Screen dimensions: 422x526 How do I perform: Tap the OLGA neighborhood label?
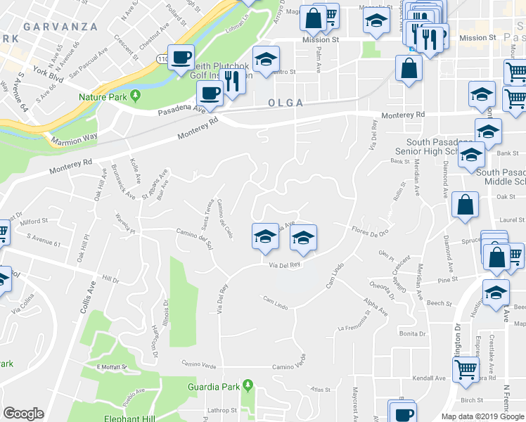coord(286,103)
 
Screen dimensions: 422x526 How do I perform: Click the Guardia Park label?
coord(210,386)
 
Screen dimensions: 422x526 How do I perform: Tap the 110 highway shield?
coord(162,58)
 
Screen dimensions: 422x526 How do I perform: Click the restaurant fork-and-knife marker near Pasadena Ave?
coord(233,82)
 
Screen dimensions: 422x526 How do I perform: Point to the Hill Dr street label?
coord(110,279)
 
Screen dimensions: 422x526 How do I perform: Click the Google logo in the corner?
coord(23,414)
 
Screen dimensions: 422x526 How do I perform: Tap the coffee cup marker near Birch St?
coord(404,413)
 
